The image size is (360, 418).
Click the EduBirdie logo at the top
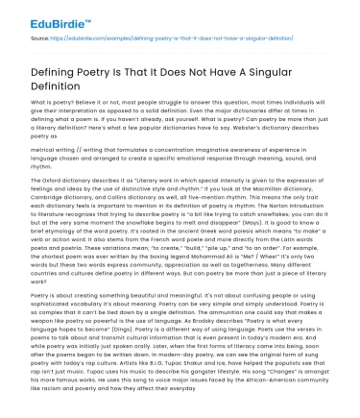tap(37, 18)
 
